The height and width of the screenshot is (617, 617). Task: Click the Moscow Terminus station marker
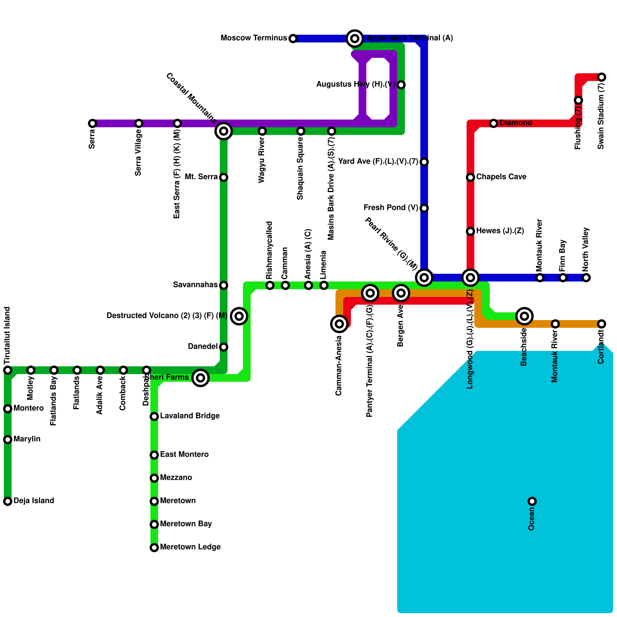[x=293, y=39]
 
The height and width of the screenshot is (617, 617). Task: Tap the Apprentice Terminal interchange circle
[x=355, y=39]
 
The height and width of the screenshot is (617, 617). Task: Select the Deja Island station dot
[x=8, y=501]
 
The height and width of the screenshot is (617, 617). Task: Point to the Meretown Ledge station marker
[x=154, y=548]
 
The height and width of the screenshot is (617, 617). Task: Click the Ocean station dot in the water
[x=532, y=501]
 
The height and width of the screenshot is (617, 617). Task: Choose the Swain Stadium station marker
[x=602, y=77]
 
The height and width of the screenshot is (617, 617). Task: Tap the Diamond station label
[x=516, y=123]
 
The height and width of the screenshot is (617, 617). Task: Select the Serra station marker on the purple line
[x=93, y=123]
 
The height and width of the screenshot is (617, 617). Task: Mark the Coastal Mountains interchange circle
[x=224, y=131]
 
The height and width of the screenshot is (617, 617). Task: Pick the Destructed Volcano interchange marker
[x=239, y=316]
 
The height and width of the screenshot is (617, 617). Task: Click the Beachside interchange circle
[x=524, y=316]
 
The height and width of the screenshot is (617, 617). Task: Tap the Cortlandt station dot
[x=602, y=324]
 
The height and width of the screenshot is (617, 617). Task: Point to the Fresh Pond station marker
[x=424, y=208]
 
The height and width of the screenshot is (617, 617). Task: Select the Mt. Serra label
[x=201, y=177]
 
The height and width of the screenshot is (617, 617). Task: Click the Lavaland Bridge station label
[x=190, y=416]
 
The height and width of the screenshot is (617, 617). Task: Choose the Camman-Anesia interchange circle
[x=339, y=324]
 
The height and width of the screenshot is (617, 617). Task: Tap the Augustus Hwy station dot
[x=401, y=85]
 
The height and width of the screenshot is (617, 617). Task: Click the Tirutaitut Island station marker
[x=8, y=370]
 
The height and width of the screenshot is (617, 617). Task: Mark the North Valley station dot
[x=586, y=278]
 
